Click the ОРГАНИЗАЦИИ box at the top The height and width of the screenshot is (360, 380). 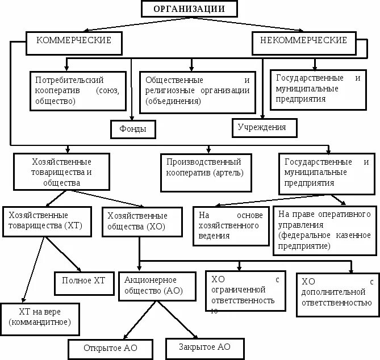189,9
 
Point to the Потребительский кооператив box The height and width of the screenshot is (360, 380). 78,90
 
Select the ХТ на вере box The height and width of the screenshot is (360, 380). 39,317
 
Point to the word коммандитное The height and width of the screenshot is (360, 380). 40,322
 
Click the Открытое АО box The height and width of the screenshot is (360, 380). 110,348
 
